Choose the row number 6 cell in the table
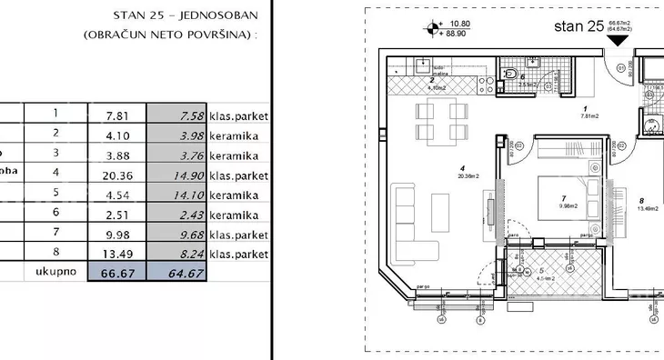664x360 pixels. (x=55, y=214)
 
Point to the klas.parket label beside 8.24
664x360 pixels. (x=238, y=254)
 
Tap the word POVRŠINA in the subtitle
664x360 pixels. (x=217, y=35)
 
